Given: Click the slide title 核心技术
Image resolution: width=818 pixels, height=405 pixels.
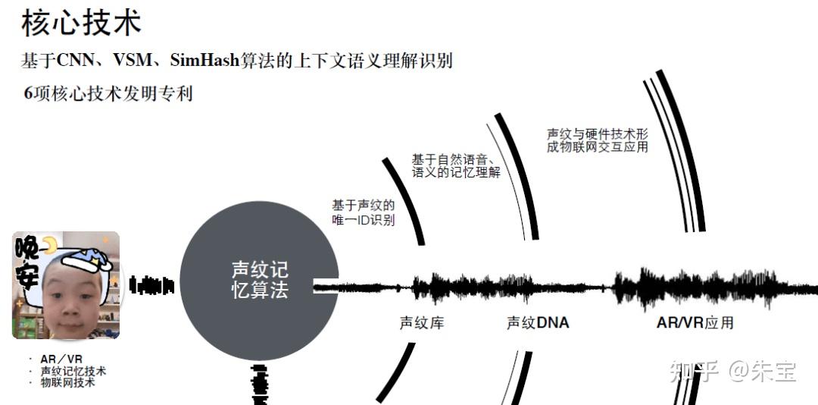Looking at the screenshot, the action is [81, 23].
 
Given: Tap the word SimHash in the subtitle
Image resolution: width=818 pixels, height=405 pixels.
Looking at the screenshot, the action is [203, 60].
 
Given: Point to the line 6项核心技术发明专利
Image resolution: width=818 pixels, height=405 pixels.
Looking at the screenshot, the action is [108, 93].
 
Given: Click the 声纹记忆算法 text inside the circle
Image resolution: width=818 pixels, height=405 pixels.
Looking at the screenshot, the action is [260, 280].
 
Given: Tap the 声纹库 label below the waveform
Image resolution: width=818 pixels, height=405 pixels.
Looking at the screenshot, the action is [422, 323].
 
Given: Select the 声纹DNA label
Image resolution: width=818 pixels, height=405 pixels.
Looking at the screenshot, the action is [537, 323].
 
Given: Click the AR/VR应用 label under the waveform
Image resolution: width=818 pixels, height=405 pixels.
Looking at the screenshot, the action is [695, 322].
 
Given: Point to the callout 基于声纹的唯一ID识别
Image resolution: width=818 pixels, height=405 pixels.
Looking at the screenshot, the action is [363, 212].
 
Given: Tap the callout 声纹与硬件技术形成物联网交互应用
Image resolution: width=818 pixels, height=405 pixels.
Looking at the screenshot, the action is [597, 140].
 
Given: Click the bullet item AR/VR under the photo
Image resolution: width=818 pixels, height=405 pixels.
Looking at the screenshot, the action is [61, 359].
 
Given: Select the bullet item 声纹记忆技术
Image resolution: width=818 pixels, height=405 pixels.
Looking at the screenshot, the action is [73, 371].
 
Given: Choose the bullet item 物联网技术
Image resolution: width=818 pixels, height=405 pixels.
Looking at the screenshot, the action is [67, 383].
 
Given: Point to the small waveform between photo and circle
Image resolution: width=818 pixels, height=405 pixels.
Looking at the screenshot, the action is [151, 286].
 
